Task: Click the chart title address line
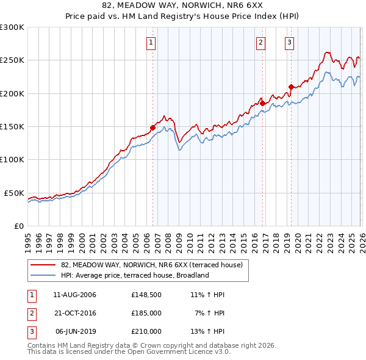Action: (183, 5)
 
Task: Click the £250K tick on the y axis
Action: (12, 60)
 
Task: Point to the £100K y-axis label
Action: (12, 160)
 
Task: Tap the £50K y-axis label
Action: (14, 193)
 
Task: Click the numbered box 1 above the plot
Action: (151, 42)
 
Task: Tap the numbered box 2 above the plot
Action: (260, 42)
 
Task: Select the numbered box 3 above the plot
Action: (289, 42)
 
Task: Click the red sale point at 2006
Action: (152, 128)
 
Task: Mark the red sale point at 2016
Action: (262, 104)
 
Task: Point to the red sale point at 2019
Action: (291, 87)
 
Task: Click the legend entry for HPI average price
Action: (135, 275)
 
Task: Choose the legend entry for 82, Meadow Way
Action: (152, 265)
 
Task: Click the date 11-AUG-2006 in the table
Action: (75, 295)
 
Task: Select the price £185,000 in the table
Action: (146, 313)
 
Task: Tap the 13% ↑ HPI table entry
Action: (208, 331)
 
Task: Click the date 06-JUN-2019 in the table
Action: (75, 331)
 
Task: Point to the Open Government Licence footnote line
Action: (129, 352)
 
